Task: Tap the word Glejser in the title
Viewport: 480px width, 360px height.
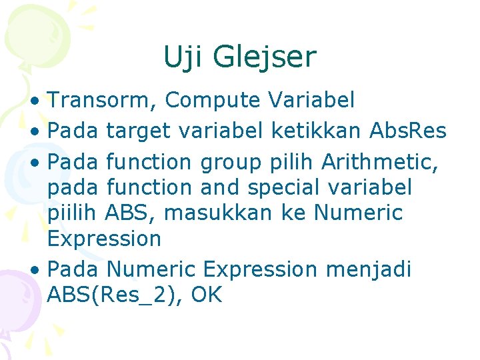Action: [x=265, y=59]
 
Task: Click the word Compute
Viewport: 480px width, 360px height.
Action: [x=213, y=101]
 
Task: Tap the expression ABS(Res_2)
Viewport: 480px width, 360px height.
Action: [x=115, y=295]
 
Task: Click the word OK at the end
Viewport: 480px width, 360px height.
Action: [x=207, y=295]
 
